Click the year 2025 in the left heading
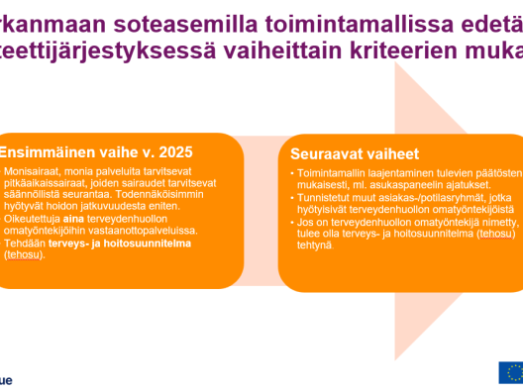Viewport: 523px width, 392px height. pyautogui.click(x=170, y=152)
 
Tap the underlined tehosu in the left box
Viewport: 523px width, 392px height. pyautogui.click(x=21, y=254)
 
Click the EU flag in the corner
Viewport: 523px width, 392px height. pyautogui.click(x=510, y=372)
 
